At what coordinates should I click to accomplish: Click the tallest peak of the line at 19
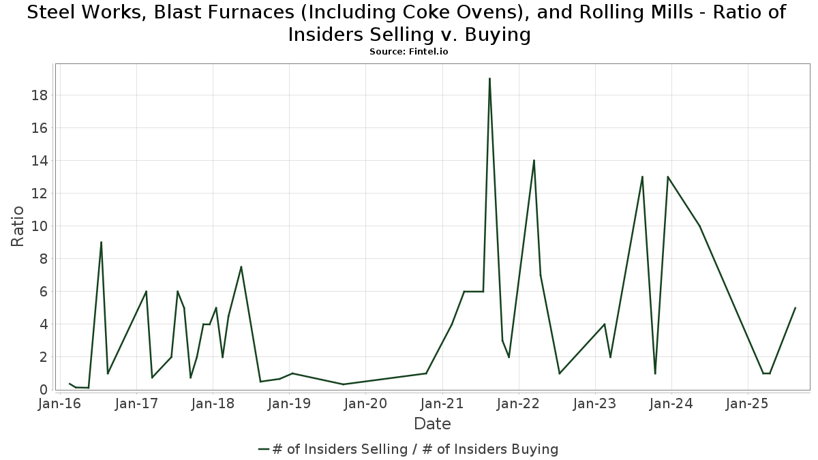pyautogui.click(x=489, y=78)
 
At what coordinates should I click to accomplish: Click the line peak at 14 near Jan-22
pyautogui.click(x=534, y=160)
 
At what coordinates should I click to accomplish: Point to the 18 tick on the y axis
pyautogui.click(x=39, y=95)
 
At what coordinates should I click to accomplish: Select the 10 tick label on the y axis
pyautogui.click(x=39, y=226)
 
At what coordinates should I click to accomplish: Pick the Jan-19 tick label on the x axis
pyautogui.click(x=289, y=404)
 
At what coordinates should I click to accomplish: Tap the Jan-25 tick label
pyautogui.click(x=748, y=404)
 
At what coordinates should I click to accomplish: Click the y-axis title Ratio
pyautogui.click(x=18, y=226)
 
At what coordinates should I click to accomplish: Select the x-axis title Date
pyautogui.click(x=432, y=424)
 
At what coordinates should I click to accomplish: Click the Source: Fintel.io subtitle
pyautogui.click(x=408, y=52)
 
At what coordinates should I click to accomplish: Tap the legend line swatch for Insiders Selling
pyautogui.click(x=264, y=449)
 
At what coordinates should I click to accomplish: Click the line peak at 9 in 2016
pyautogui.click(x=101, y=242)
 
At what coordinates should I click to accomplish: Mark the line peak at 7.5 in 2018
pyautogui.click(x=241, y=266)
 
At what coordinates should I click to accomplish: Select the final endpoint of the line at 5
pyautogui.click(x=795, y=308)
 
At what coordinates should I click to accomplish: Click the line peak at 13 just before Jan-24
pyautogui.click(x=667, y=177)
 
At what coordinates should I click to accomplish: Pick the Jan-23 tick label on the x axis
pyautogui.click(x=595, y=404)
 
